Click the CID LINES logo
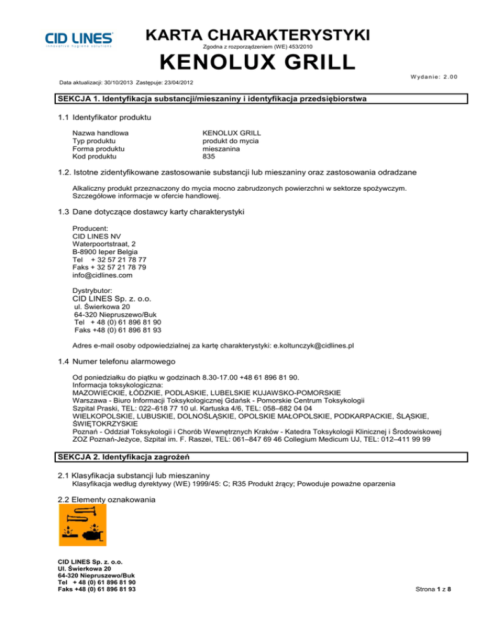[x=79, y=39]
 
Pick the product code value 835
[x=209, y=156]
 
